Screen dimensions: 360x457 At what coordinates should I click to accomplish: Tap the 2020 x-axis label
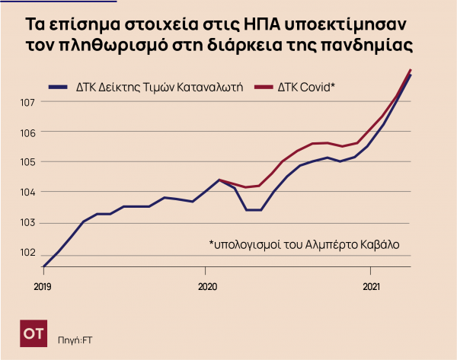207,287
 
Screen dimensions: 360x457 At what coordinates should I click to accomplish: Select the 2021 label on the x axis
372,287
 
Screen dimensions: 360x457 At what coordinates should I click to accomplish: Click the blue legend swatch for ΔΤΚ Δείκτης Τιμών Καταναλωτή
58,88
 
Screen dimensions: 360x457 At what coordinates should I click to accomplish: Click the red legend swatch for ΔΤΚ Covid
264,88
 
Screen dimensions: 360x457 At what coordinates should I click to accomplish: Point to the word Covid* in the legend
317,88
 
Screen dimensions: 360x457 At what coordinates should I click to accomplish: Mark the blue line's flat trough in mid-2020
253,210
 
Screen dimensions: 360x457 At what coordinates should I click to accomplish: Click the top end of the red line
411,70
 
